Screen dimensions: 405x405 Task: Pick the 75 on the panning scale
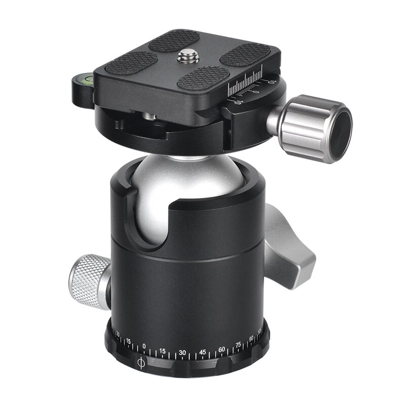[238, 346]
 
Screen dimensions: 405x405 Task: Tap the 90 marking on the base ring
[252, 339]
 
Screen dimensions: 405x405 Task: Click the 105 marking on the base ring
[260, 333]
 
